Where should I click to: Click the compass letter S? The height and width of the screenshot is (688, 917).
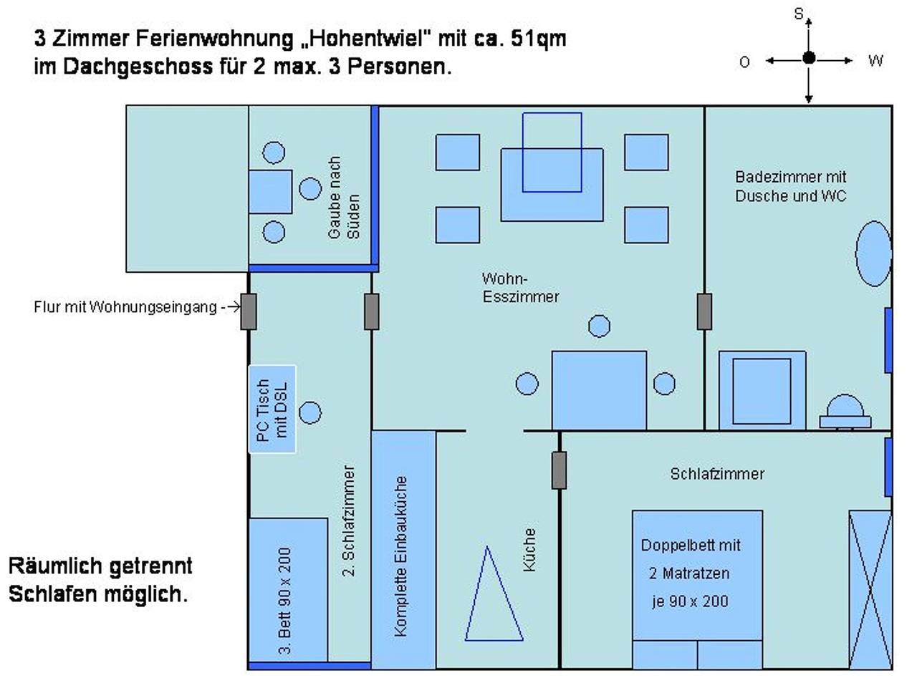click(798, 14)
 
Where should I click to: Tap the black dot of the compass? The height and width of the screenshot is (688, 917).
click(809, 58)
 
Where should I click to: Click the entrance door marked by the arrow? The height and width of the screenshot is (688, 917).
click(248, 311)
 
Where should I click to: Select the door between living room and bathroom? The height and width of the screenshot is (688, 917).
click(704, 311)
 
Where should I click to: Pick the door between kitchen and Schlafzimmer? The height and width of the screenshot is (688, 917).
click(559, 470)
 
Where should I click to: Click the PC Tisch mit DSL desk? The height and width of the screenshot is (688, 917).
click(272, 409)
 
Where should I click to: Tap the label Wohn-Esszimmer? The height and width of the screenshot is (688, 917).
click(520, 288)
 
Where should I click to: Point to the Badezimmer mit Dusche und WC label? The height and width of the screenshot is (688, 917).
click(790, 186)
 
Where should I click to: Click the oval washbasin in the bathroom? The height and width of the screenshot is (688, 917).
click(873, 254)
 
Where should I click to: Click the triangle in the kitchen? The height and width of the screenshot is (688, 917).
click(494, 594)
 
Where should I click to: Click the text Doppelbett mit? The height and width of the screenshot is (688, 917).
click(691, 546)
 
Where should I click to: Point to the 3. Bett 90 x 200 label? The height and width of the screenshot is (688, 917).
click(284, 601)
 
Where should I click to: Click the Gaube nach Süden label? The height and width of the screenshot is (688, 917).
click(344, 198)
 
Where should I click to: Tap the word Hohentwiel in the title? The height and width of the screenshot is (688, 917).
click(366, 39)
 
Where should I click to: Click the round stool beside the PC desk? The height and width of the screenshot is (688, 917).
click(310, 413)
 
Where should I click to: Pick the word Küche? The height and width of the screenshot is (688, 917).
click(529, 550)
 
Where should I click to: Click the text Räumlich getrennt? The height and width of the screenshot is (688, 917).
click(100, 566)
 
